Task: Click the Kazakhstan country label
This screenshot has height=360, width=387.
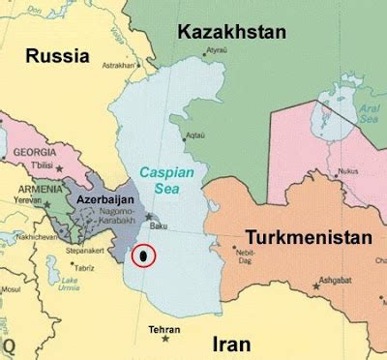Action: tap(232, 32)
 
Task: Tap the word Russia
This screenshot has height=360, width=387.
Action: tap(58, 56)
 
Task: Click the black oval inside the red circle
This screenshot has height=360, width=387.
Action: tap(144, 256)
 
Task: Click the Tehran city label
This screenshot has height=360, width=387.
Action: tap(164, 330)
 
